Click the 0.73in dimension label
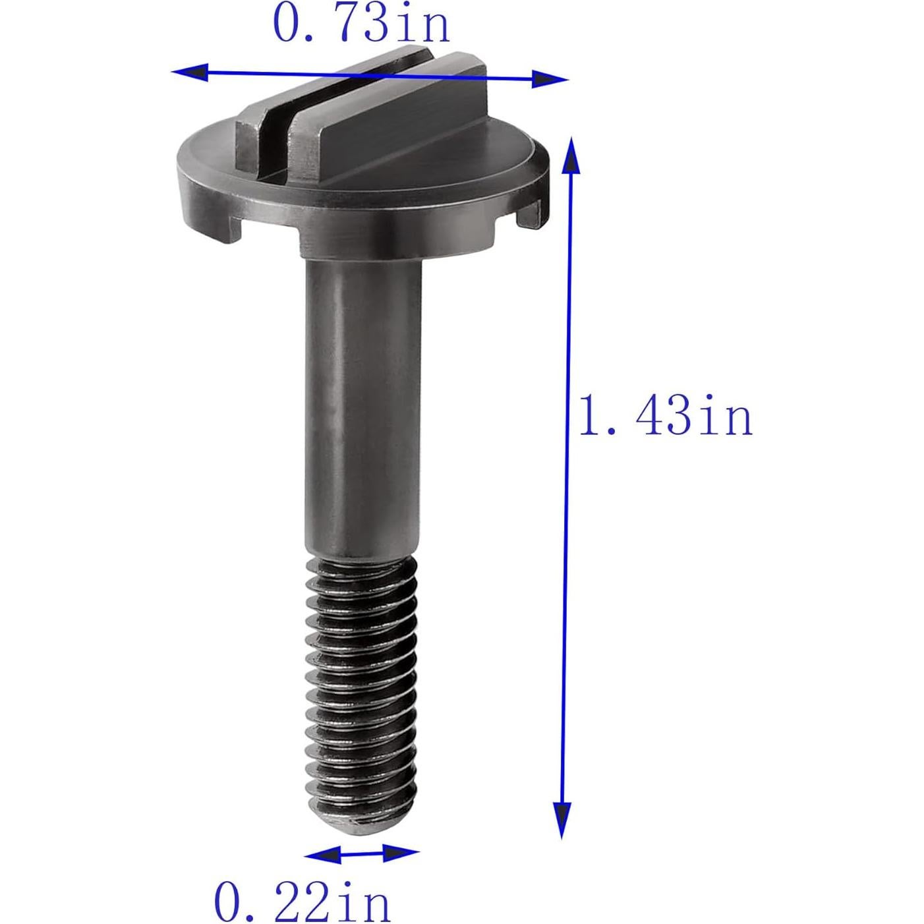point(361,26)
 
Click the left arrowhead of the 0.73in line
point(188,72)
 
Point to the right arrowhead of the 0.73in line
point(550,80)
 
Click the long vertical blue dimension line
point(567,488)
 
